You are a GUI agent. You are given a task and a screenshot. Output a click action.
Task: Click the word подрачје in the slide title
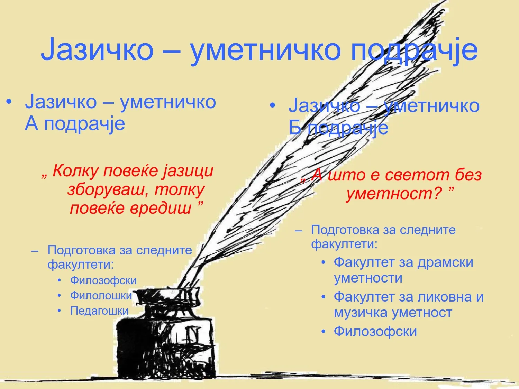pos(414,50)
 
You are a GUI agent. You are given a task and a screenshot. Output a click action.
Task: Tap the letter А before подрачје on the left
pos(31,124)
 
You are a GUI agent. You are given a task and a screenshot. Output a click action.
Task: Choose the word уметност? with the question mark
pos(394,194)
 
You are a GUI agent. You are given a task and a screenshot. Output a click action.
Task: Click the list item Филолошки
pos(101,296)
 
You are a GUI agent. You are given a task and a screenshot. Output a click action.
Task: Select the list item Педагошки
pos(99,311)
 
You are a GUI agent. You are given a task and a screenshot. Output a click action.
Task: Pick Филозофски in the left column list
pos(103,280)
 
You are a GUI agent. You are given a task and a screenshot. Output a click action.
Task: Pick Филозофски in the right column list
pos(375,331)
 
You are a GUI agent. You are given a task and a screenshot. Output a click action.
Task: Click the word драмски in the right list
pos(445,262)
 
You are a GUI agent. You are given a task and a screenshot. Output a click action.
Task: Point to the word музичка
pos(361,313)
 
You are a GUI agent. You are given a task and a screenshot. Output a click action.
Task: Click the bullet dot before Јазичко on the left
pos(9,102)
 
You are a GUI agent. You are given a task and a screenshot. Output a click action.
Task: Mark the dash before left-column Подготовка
pos(35,251)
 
